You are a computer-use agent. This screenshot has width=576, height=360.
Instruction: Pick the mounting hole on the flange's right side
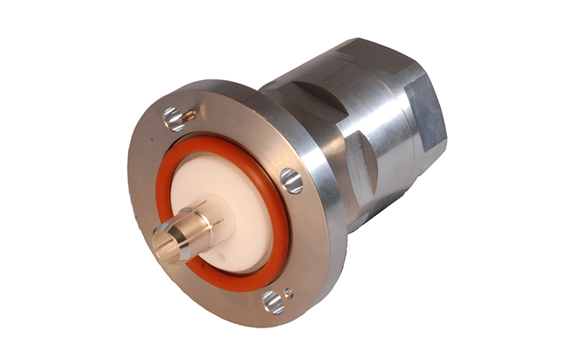pyautogui.click(x=292, y=180)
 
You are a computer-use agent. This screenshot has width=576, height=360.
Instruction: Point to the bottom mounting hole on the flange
pyautogui.click(x=273, y=302)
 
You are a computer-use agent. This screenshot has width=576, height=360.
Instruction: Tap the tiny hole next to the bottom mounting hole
pyautogui.click(x=289, y=293)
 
